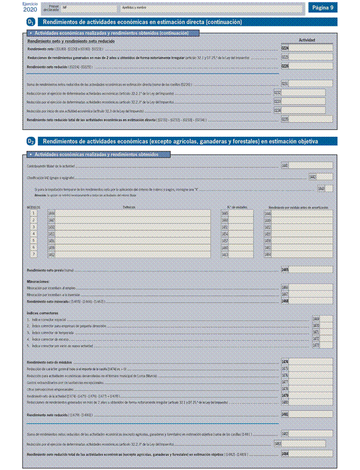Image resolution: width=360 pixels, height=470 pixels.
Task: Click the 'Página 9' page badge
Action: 323,7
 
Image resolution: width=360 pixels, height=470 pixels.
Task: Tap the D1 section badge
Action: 31,22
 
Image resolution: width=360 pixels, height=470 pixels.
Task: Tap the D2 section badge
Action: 31,141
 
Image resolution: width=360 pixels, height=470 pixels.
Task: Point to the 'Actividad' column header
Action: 307,41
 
